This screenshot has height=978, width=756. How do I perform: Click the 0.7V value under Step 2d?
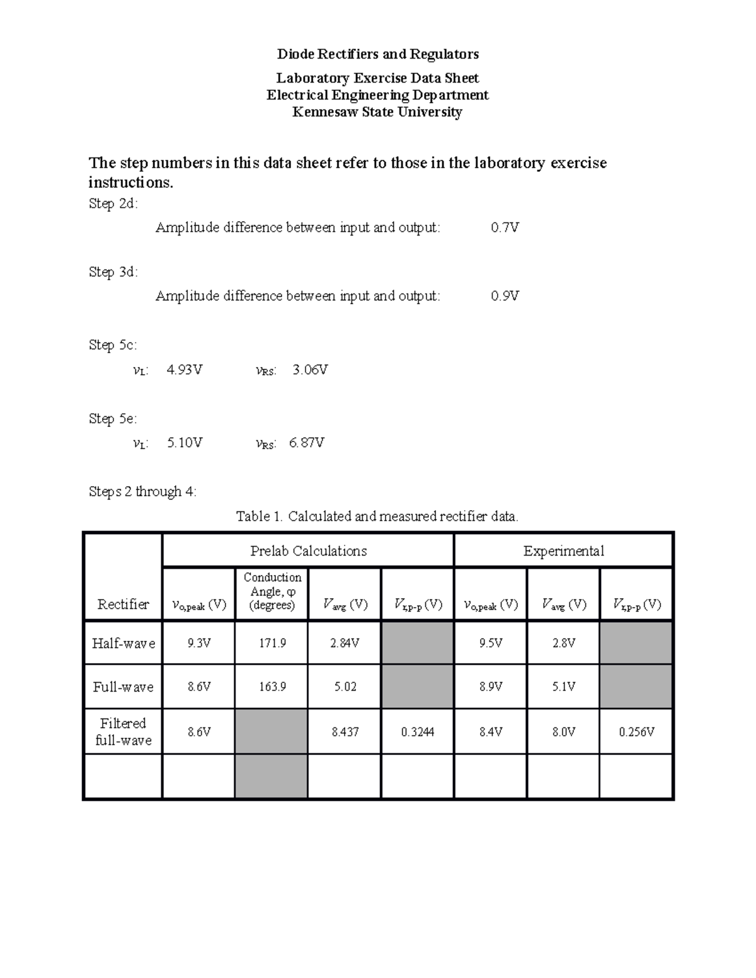[505, 227]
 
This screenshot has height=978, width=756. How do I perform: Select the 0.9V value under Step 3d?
[505, 295]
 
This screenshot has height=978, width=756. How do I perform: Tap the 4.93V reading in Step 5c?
[184, 370]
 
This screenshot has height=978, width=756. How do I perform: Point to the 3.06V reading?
[310, 370]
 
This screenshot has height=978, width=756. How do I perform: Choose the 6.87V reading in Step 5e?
[307, 443]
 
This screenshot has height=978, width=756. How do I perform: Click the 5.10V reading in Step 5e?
[184, 443]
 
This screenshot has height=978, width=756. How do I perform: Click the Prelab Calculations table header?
[308, 551]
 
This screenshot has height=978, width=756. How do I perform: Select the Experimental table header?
[563, 551]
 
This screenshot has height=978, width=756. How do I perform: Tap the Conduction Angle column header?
[272, 591]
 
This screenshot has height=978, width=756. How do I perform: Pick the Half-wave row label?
[123, 643]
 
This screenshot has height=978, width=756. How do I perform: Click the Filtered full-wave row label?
[123, 732]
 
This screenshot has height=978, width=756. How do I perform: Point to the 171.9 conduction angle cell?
[272, 643]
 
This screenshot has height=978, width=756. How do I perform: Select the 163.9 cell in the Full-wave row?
[272, 686]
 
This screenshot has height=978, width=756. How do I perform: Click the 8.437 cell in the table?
[345, 732]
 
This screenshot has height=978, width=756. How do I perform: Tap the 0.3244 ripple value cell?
[418, 732]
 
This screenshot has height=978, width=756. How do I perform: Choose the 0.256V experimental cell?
[636, 732]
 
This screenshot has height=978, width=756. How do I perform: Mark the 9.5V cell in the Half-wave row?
[490, 643]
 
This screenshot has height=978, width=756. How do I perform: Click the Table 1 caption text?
[377, 516]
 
